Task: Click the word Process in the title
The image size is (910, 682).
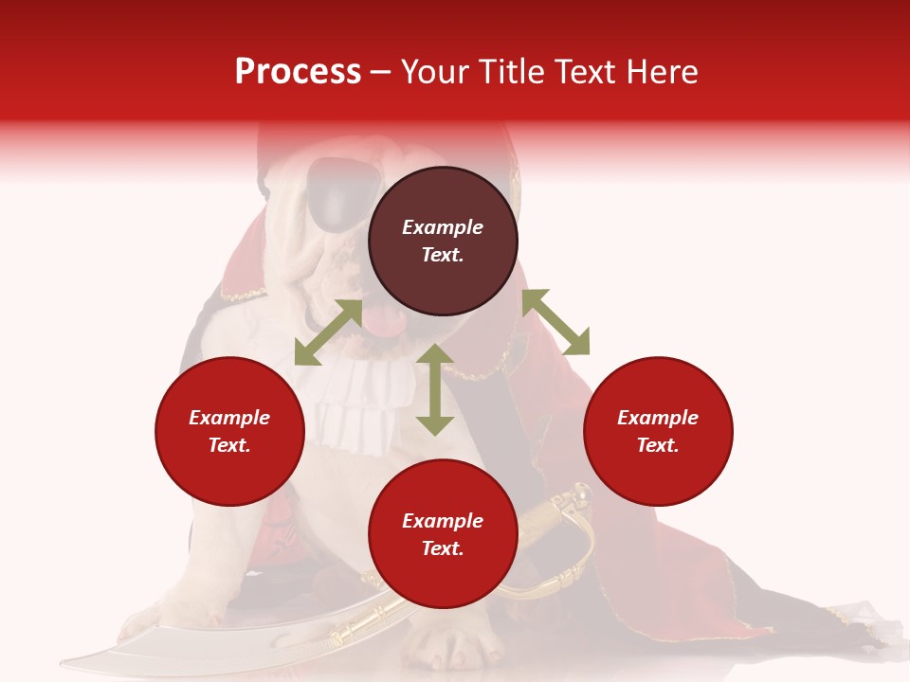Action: pos(298,72)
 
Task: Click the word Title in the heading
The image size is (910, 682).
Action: pos(507,72)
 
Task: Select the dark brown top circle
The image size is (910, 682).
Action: pos(443,242)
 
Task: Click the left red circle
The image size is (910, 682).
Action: pos(229,431)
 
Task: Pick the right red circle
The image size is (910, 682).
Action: pos(658,431)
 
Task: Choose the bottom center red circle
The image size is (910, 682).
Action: pos(443,534)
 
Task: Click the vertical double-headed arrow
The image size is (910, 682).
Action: pos(435,389)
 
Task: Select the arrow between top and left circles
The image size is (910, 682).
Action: pos(328,332)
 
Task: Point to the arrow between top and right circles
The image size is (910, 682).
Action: pos(555,322)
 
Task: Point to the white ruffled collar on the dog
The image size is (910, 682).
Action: pos(355,403)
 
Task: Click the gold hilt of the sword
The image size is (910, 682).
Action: pos(559,521)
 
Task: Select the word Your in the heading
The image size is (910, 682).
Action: pos(434,72)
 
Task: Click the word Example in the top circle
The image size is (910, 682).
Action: pos(443,227)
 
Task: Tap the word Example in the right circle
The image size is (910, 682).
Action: pos(658,418)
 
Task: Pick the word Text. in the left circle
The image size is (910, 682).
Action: pos(229,445)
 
